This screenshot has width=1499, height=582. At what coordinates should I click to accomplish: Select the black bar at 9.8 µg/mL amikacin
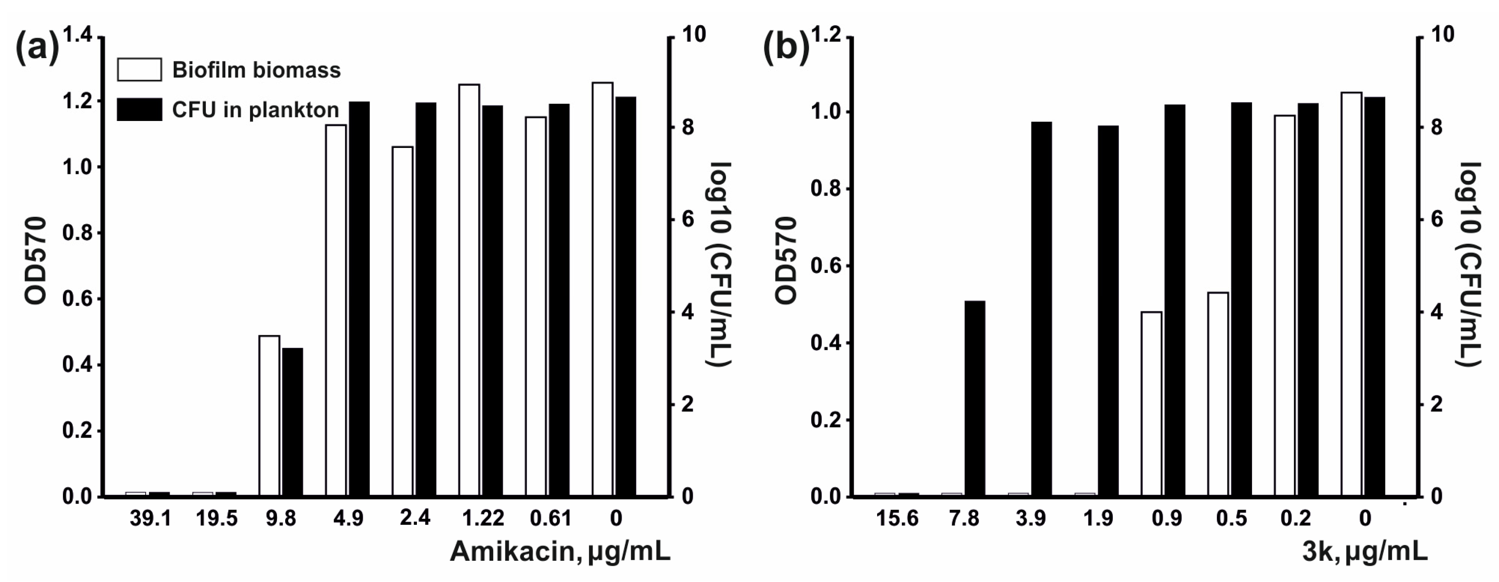[293, 422]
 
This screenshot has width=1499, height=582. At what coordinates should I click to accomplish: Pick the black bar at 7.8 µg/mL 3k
[975, 399]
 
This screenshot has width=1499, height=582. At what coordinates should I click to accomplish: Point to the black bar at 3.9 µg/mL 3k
[1042, 309]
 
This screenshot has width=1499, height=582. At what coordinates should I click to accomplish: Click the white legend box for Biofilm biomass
[139, 69]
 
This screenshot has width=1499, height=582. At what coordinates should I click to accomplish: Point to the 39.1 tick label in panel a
[150, 518]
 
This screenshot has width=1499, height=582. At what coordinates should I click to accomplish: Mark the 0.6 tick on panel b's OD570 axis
[827, 266]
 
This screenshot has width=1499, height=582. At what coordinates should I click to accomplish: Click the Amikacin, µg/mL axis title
[560, 552]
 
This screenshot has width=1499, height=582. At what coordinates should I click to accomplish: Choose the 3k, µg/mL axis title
[1364, 552]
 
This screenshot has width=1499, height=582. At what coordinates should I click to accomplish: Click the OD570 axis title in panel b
[786, 260]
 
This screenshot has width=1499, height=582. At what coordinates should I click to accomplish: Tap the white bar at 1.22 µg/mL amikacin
[469, 290]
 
